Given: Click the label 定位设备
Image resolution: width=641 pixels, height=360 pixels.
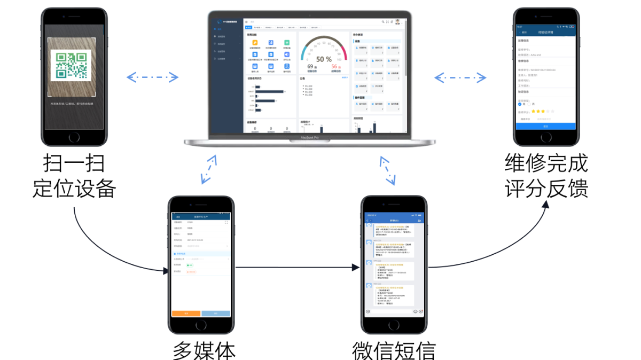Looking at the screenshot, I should pyautogui.click(x=74, y=187).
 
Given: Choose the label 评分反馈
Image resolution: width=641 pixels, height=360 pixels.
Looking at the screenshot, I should pyautogui.click(x=546, y=187).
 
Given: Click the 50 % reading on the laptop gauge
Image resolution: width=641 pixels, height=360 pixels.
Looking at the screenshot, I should pyautogui.click(x=324, y=59).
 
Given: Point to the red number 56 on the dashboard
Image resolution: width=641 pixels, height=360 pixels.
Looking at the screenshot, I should pyautogui.click(x=334, y=67).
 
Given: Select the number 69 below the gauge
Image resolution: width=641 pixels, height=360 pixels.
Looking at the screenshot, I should pyautogui.click(x=310, y=67).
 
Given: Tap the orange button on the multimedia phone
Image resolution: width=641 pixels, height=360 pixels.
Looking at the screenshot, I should pyautogui.click(x=186, y=314).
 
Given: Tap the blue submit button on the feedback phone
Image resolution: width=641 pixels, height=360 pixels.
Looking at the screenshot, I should pyautogui.click(x=545, y=126).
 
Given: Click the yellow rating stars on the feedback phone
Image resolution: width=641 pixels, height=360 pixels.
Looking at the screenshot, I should pyautogui.click(x=537, y=112).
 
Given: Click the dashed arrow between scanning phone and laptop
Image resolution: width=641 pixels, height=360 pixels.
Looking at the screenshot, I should pyautogui.click(x=152, y=78).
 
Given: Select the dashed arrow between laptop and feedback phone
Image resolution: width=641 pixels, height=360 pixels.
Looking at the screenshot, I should pyautogui.click(x=460, y=78).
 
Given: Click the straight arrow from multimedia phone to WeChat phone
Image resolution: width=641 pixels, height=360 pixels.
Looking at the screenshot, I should pyautogui.click(x=297, y=267).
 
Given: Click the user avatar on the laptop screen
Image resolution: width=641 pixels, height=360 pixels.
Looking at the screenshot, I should pyautogui.click(x=398, y=22).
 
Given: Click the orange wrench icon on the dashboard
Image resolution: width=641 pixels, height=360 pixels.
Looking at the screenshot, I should pyautogui.click(x=255, y=43).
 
